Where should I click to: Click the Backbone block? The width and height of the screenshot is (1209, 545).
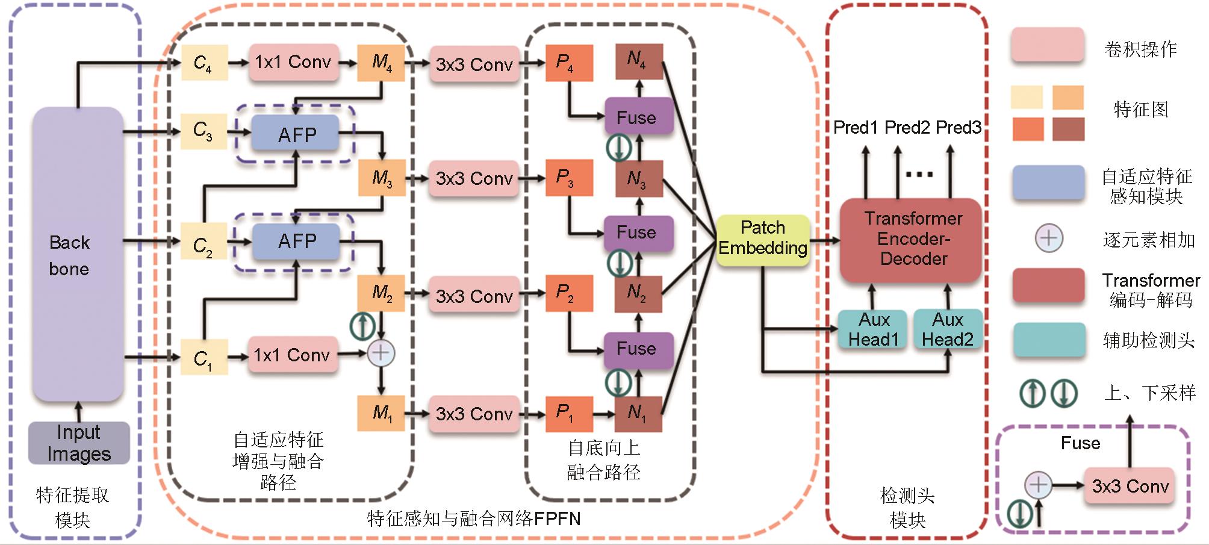[78, 255]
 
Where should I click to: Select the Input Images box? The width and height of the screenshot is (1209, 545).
[79, 443]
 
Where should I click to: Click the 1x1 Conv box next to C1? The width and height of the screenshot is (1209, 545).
[293, 355]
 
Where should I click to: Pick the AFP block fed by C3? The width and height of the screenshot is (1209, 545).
[296, 134]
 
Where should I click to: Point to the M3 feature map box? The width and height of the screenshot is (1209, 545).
[382, 178]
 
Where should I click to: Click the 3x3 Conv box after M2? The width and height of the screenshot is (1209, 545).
[474, 296]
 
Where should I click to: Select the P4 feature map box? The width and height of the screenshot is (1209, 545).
[568, 63]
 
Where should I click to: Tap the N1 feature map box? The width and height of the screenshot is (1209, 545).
[638, 413]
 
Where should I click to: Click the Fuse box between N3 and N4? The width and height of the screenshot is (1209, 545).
[638, 117]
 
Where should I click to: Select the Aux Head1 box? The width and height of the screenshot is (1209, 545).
[872, 329]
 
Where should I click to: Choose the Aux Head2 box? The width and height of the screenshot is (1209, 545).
[948, 329]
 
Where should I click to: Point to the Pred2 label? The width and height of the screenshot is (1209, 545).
[907, 128]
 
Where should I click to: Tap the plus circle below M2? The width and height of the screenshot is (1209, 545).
[381, 353]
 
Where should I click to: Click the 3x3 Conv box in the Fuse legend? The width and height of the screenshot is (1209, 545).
[1130, 487]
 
